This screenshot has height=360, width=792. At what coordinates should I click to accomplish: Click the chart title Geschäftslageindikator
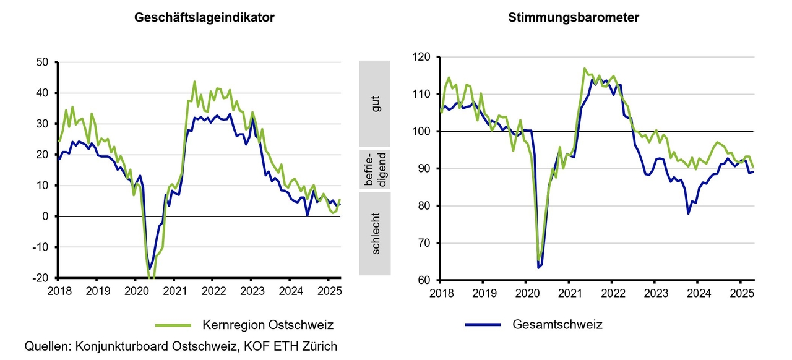tap(205, 18)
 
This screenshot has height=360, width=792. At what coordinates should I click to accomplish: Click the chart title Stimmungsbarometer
tap(574, 18)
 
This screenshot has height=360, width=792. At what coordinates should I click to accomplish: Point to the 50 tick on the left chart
tap(44, 62)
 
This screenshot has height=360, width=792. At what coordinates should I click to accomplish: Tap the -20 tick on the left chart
tap(41, 278)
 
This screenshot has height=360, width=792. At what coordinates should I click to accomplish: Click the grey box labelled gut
tap(375, 103)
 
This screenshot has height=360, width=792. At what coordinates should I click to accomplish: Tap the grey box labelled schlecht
tap(375, 234)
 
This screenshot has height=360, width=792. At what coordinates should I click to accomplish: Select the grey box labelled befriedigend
tap(375, 169)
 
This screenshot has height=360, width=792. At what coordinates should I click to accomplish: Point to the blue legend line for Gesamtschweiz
tap(483, 325)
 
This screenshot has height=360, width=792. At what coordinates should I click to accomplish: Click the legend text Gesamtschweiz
tap(557, 325)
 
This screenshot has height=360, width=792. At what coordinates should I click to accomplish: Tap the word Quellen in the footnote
tap(47, 346)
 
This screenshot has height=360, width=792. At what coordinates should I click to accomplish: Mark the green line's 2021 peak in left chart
tap(194, 82)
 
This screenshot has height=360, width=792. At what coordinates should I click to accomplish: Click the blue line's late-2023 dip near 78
tap(688, 214)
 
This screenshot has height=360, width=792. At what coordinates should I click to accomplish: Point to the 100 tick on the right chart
tap(422, 132)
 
